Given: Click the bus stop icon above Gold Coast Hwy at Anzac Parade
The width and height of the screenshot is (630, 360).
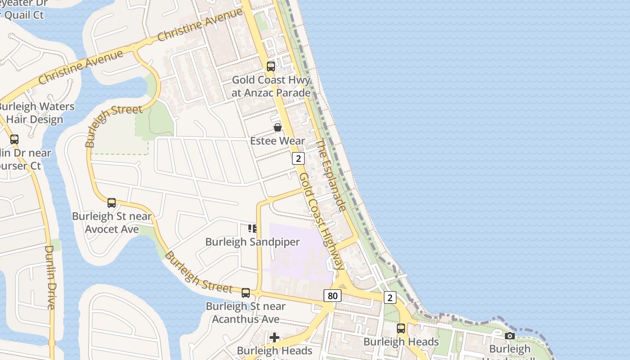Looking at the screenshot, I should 270,67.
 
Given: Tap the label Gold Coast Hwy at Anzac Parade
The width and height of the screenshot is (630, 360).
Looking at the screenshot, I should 271,86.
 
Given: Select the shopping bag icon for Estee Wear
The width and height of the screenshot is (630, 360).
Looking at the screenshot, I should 278,128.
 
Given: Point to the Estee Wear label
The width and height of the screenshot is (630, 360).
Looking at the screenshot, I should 278,141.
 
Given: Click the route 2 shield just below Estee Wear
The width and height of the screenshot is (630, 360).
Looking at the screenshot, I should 298,158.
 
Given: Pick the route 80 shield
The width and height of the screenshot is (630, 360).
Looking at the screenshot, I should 332,296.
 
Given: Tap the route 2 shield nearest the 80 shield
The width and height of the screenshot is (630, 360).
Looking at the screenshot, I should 390,297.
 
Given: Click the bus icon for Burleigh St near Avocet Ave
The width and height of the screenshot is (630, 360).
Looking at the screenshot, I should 112,203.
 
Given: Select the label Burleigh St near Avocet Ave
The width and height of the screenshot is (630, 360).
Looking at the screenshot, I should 112,223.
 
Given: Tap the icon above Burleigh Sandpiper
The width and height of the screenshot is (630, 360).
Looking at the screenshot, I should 252,229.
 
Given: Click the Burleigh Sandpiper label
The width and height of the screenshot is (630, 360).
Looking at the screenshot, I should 252,242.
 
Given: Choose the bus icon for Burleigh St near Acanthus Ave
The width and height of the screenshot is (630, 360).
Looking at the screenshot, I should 246,293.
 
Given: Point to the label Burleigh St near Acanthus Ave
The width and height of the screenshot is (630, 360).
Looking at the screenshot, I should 246,312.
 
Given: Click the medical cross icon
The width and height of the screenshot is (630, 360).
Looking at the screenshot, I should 274,337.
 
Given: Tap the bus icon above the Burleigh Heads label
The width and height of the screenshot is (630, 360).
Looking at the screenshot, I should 401,328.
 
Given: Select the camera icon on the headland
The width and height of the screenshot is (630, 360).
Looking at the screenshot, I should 509,336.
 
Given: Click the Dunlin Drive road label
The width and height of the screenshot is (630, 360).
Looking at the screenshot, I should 50,277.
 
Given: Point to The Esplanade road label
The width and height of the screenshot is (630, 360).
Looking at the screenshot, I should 331,175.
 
